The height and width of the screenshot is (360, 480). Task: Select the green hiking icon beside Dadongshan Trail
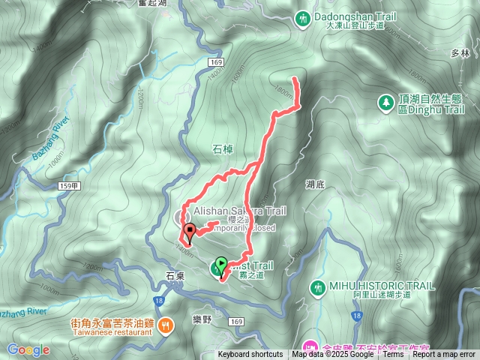tap(304, 16)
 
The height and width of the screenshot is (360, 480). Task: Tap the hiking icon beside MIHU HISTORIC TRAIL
tap(318, 287)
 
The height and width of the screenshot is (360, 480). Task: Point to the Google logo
tap(28, 349)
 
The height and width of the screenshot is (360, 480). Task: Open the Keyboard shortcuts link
tap(250, 355)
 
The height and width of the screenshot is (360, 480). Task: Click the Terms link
tap(393, 355)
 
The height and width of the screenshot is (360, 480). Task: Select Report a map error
tap(445, 355)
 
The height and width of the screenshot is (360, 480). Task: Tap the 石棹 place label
tap(224, 149)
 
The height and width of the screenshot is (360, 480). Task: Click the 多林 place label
tap(460, 54)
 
